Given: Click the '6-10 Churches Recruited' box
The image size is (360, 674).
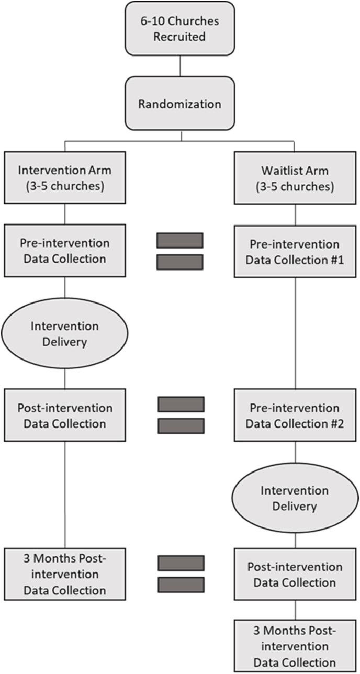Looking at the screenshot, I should [180, 28].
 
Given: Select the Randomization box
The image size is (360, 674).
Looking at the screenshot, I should [180, 103].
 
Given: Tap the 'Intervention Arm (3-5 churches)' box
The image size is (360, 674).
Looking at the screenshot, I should [65, 178].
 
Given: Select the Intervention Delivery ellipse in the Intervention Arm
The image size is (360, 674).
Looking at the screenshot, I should [65, 333].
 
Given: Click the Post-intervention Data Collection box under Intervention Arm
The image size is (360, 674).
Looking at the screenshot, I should [65, 415].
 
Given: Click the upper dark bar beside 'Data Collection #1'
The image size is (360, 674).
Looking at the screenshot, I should [179, 240].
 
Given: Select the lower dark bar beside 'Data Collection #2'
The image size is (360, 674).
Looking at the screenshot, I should [181, 426].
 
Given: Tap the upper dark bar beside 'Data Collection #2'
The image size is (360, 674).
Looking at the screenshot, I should [181, 405].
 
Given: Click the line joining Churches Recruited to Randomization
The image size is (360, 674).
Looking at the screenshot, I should [180, 66].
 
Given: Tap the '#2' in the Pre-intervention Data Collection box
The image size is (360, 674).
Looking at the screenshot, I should [333, 423].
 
